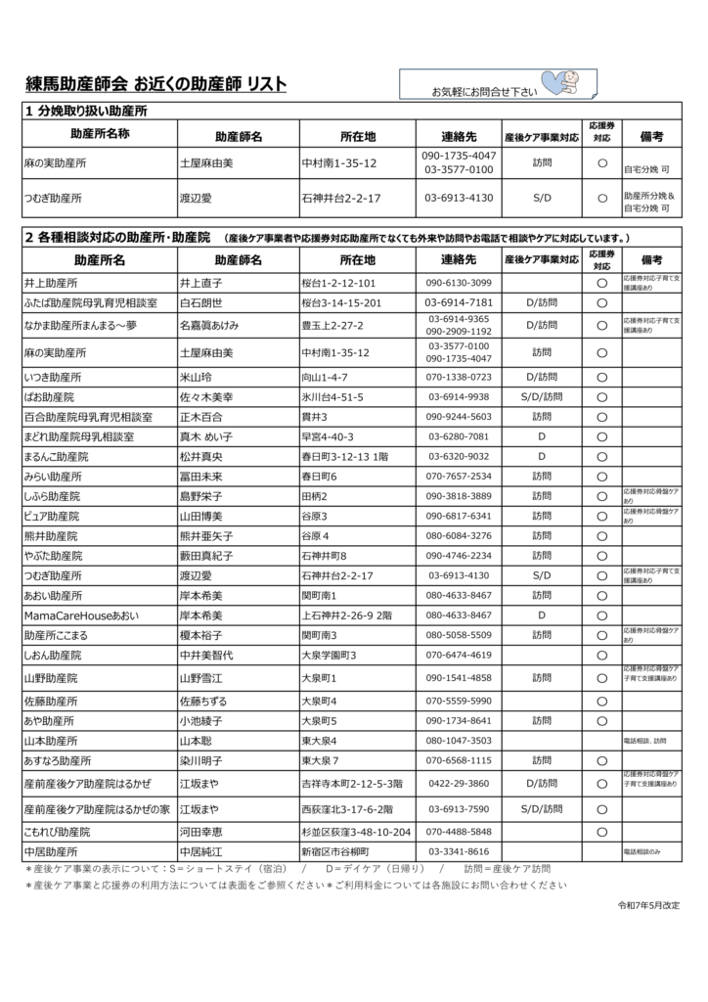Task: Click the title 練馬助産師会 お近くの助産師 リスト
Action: [155, 85]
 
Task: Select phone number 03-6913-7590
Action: [459, 809]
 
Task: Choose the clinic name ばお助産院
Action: [48, 397]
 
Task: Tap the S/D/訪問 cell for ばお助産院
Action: [542, 397]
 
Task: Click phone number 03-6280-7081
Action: [459, 436]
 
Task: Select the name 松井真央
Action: [201, 456]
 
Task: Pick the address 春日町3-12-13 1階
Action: [347, 456]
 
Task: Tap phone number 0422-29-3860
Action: [459, 784]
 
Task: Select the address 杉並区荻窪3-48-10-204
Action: [355, 832]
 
